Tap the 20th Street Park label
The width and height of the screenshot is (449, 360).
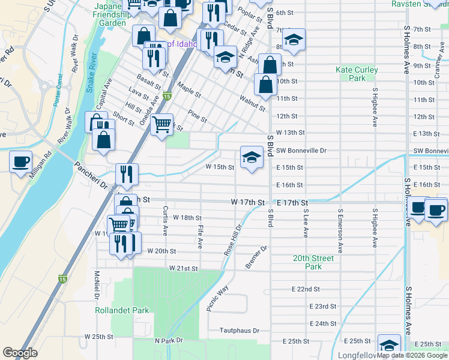[x=313, y=262]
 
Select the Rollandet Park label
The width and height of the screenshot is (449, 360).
[x=113, y=311]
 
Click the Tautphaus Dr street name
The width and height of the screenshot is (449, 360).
[x=239, y=331]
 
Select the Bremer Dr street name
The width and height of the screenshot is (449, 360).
[x=255, y=257]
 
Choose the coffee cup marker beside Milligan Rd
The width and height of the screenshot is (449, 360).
[x=21, y=161]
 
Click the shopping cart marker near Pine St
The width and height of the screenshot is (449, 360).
[x=161, y=124]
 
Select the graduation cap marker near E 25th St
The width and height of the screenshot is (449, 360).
[x=389, y=344]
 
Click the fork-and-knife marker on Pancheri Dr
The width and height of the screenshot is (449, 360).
[x=127, y=174]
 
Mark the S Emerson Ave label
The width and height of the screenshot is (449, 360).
[x=340, y=229]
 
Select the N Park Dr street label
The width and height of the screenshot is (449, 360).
[x=168, y=341]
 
